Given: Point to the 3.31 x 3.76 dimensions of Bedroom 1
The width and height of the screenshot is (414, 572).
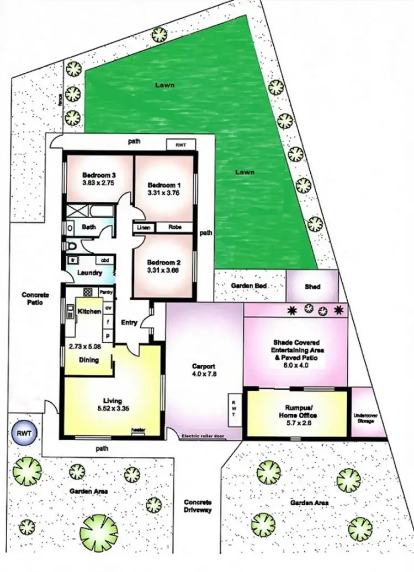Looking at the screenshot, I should pos(164,193).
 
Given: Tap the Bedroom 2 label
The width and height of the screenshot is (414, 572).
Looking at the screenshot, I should pos(164,262).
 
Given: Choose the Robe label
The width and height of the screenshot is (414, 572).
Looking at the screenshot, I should pos(175,227).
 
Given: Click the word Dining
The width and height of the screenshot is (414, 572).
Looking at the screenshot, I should pos(88,360).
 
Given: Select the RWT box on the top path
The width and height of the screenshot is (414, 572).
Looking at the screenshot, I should pos(181,144).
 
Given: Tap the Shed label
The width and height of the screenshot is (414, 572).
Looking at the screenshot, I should pos(312,287).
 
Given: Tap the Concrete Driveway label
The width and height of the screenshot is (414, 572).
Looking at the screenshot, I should pos(198,506).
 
